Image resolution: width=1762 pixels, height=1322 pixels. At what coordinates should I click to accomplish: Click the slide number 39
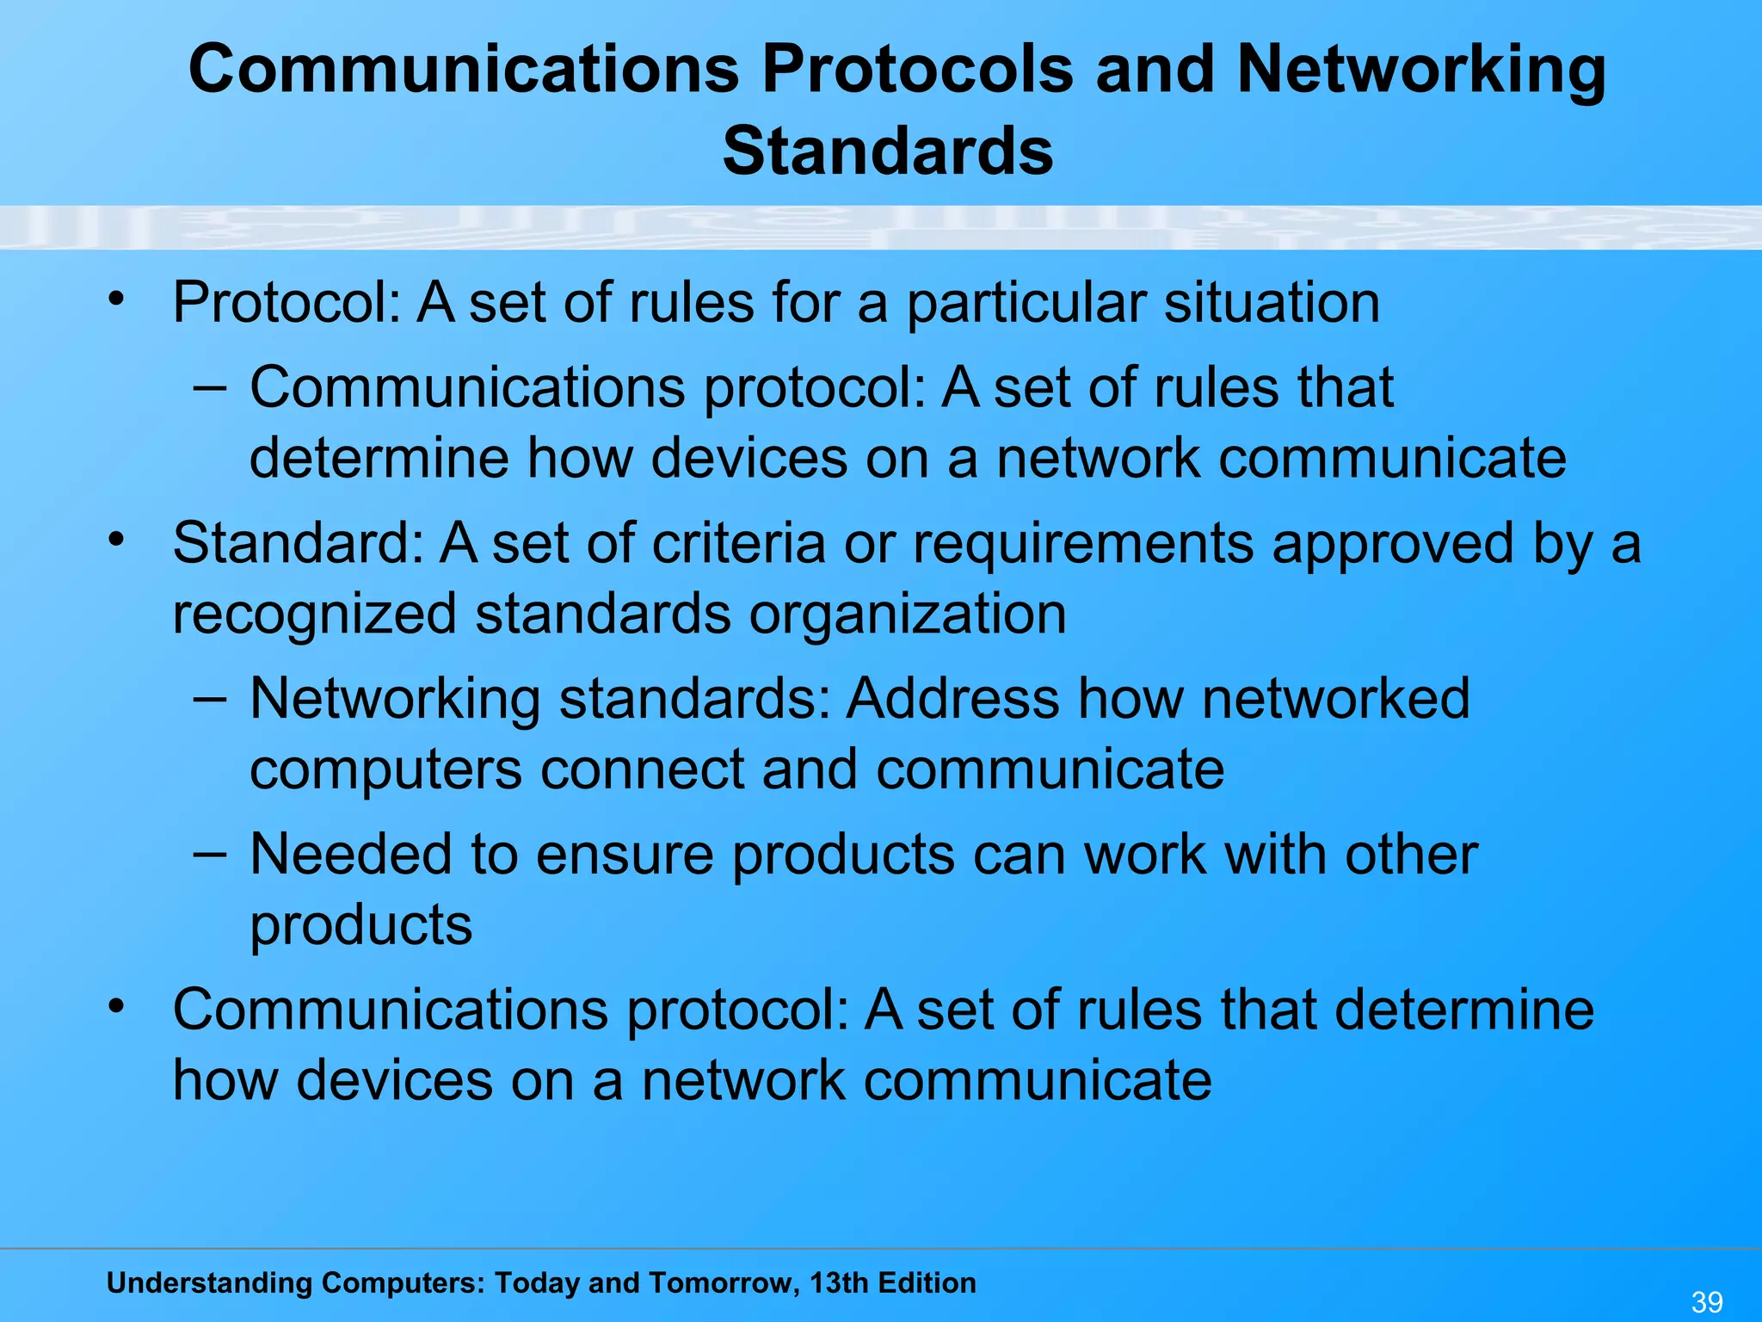click(x=1707, y=1301)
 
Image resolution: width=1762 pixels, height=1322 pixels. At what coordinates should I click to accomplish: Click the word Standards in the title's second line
click(x=888, y=151)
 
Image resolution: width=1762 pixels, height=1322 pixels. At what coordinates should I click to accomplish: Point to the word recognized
click(x=314, y=615)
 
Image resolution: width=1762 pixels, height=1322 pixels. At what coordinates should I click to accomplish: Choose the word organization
click(x=908, y=615)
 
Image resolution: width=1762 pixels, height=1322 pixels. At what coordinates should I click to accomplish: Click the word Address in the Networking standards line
click(x=952, y=698)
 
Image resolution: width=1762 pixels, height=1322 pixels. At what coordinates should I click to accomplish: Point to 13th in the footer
click(x=839, y=1283)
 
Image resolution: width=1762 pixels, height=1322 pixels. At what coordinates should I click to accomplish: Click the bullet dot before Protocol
click(x=117, y=300)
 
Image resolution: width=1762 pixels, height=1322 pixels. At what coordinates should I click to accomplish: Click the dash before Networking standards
click(x=210, y=698)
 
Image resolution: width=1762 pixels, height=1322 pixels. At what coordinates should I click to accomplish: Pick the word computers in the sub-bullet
click(x=385, y=769)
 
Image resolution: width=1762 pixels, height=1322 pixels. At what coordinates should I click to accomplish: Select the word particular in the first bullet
click(x=1026, y=305)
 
